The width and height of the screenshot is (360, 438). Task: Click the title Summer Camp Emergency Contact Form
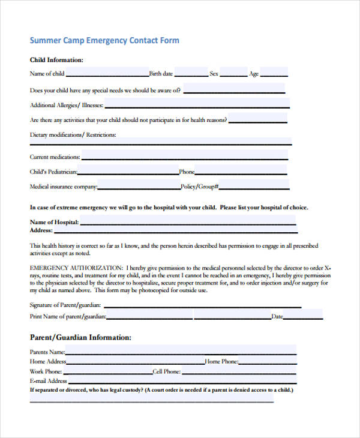coord(104,41)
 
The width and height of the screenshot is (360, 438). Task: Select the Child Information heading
coord(56,60)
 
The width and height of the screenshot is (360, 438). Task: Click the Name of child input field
coord(107,73)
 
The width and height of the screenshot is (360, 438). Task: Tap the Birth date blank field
coord(191,73)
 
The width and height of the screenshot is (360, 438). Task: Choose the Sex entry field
coord(233,73)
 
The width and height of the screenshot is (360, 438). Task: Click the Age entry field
coord(274,73)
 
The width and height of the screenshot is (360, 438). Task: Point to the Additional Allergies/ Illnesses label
coord(66,105)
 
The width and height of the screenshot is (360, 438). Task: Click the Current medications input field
coord(184,157)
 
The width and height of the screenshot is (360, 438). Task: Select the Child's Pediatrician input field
coord(129,172)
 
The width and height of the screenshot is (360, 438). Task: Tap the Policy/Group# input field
coord(254,186)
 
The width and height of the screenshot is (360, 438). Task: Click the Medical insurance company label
coord(63,187)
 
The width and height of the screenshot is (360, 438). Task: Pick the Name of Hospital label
coord(54,222)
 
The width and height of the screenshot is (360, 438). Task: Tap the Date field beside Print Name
coord(303,316)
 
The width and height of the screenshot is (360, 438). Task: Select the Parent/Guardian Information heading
coord(80,337)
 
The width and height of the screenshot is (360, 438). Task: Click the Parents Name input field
coord(181,351)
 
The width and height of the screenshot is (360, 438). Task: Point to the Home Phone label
coord(221,362)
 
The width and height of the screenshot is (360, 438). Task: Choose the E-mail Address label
coord(48,381)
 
